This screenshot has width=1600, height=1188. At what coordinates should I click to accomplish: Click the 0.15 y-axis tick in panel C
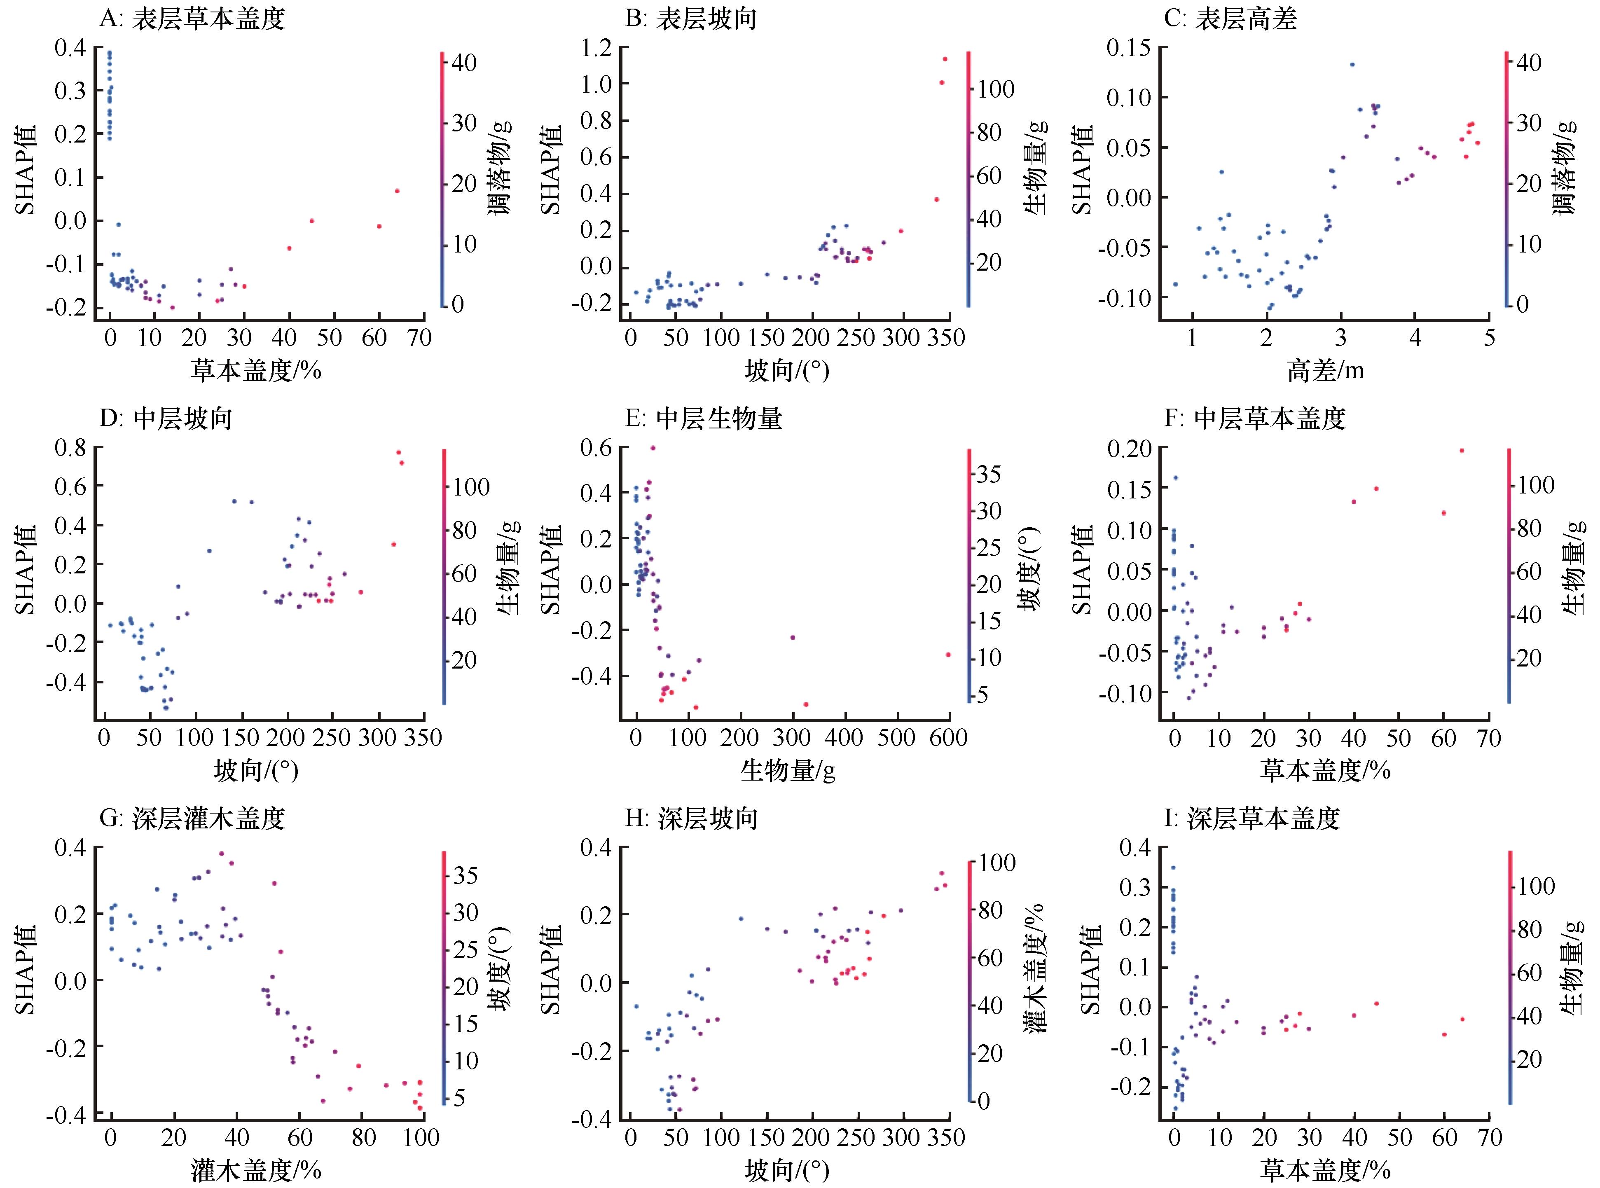click(x=1127, y=48)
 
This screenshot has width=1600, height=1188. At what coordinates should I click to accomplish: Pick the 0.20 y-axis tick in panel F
click(x=1127, y=449)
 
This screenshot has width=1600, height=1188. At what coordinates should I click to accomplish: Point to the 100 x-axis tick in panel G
click(x=421, y=1138)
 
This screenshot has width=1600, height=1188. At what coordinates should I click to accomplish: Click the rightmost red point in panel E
click(x=948, y=655)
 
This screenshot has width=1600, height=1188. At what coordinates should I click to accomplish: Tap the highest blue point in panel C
click(x=1352, y=65)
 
